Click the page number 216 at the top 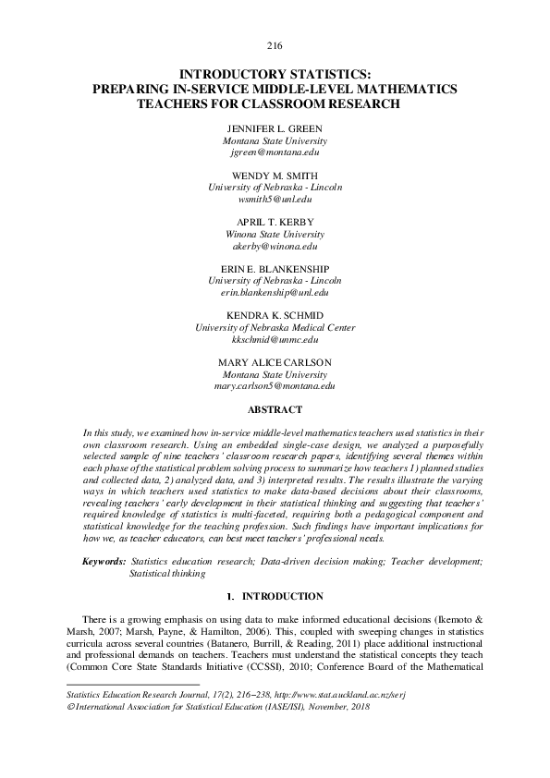275,46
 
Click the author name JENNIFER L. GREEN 275,128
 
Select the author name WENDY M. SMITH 275,175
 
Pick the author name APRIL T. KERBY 275,222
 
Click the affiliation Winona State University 275,234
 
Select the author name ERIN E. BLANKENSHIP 275,269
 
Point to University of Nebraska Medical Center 275,328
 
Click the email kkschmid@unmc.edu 275,340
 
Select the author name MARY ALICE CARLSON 275,361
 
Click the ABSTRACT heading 275,407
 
